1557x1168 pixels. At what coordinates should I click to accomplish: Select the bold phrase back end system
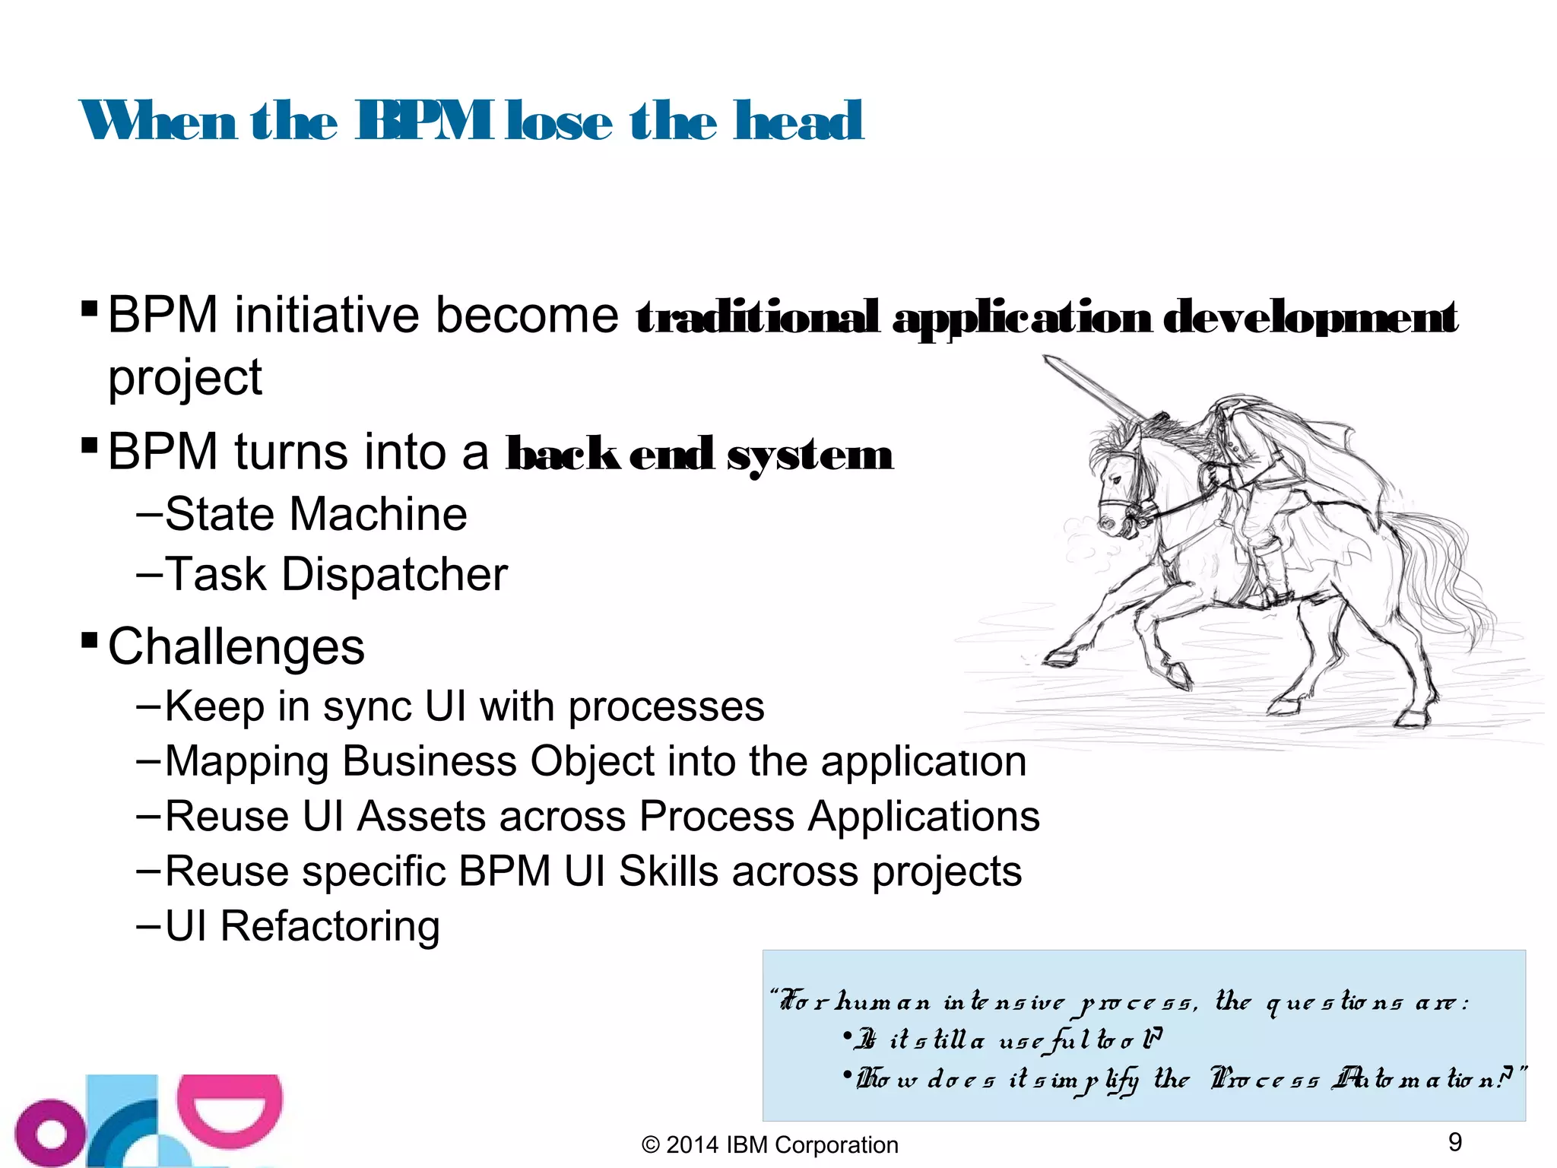click(x=699, y=455)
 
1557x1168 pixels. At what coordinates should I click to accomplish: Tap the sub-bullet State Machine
click(x=316, y=515)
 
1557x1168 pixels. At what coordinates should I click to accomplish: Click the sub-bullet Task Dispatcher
click(x=335, y=574)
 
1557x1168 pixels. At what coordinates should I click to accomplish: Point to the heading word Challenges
click(x=236, y=647)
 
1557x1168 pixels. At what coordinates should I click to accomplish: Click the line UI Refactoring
click(x=302, y=926)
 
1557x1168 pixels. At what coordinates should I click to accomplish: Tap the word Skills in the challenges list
click(x=668, y=871)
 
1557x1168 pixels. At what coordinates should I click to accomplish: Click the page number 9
click(x=1455, y=1142)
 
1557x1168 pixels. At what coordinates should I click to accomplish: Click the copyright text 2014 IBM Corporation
click(x=769, y=1145)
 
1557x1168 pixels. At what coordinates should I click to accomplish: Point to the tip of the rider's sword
click(x=1048, y=359)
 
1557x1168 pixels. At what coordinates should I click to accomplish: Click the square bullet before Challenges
click(x=89, y=636)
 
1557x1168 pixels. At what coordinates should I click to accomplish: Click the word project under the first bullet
click(x=185, y=378)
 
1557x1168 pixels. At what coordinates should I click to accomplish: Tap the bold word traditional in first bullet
click(x=757, y=318)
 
